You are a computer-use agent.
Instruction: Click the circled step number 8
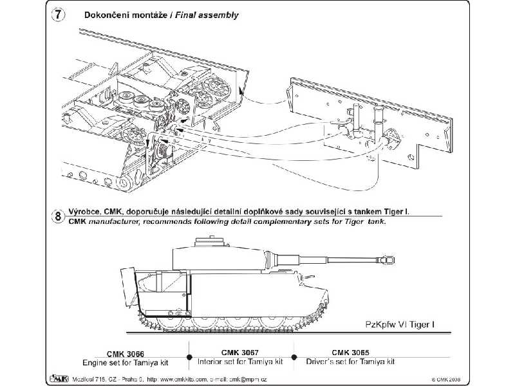tap(59, 216)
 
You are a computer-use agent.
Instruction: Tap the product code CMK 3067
tap(240, 352)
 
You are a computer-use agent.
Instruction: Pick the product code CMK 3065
tap(351, 352)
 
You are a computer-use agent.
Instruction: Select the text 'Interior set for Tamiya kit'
tap(240, 361)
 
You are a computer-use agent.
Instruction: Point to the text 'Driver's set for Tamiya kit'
tap(351, 361)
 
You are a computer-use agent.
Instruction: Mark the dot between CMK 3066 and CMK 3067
tap(187, 356)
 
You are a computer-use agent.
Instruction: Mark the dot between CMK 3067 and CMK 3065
tap(294, 356)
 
